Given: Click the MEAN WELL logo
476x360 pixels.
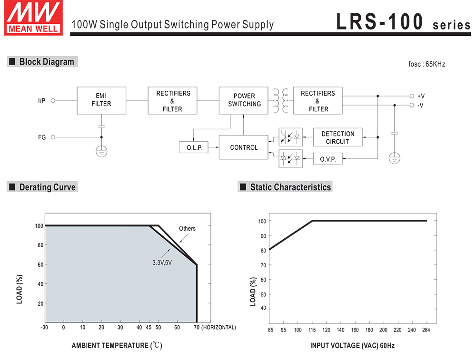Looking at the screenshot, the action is [33, 18].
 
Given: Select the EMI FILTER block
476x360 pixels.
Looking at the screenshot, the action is [101, 100].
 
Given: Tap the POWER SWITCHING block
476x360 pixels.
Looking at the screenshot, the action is [243, 100].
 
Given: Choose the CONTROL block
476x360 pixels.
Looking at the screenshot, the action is [243, 147].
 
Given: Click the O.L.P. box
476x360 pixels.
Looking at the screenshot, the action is [194, 147].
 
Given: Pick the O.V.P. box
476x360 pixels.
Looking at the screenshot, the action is [328, 159].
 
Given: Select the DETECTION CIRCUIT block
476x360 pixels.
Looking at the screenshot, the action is [337, 137].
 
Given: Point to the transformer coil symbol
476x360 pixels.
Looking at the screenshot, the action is [281, 101].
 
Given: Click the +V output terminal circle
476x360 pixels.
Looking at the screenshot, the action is [412, 96].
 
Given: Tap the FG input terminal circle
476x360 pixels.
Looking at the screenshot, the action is [53, 137].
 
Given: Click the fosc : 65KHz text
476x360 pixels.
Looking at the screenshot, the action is [426, 64].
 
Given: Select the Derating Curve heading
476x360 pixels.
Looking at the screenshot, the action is [42, 187].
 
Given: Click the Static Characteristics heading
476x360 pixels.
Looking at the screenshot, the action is [285, 187].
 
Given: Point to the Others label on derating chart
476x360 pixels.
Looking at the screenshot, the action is [187, 228].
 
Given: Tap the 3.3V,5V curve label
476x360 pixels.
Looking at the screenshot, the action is [162, 263].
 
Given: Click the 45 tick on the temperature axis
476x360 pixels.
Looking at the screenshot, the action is [149, 328].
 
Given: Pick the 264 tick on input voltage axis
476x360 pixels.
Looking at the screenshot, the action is [426, 330].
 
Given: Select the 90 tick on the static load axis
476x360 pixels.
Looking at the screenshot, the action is [263, 236].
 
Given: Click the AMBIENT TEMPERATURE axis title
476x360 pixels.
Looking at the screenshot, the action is [117, 345].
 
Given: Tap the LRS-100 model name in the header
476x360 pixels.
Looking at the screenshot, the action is [380, 21].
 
